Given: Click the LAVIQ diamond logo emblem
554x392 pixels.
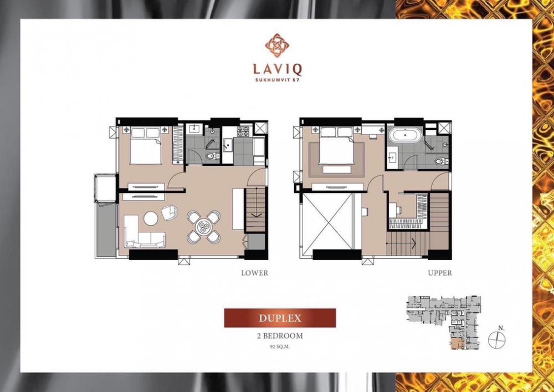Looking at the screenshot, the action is (x=278, y=45).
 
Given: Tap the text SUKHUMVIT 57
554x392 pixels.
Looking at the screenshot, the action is (x=278, y=79).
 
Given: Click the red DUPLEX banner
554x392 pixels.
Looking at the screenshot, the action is (x=280, y=318).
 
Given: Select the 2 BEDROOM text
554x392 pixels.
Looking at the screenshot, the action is (x=280, y=336).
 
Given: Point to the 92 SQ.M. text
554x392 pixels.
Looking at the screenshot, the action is (x=280, y=347).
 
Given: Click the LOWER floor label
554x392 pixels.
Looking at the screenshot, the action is (x=255, y=273).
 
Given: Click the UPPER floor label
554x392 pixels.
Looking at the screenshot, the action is (x=440, y=273).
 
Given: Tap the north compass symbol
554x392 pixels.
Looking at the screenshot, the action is (x=497, y=339).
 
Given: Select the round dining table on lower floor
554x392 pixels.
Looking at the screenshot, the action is (x=204, y=227).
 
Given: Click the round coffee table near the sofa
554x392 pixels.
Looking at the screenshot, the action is (x=151, y=218).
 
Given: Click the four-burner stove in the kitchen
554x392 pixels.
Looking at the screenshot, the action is (x=243, y=131).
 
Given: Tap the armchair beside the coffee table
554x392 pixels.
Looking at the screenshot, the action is (x=170, y=212).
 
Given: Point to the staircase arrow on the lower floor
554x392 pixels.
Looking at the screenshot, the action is (x=256, y=215).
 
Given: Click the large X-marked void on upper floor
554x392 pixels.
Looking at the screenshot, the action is (x=328, y=221).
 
